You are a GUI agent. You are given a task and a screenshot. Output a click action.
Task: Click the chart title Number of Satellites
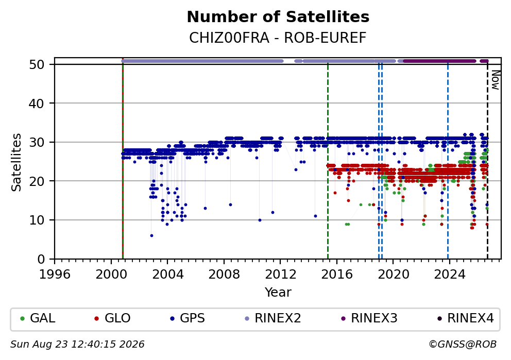tap(278, 17)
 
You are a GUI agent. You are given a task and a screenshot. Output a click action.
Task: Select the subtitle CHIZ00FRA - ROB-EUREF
tap(278, 38)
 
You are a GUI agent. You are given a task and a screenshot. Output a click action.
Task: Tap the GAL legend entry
tap(38, 318)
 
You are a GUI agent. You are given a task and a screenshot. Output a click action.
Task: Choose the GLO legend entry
tap(113, 318)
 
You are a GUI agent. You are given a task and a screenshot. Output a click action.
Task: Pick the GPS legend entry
tap(188, 318)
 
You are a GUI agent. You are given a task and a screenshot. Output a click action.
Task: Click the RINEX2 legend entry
tap(273, 318)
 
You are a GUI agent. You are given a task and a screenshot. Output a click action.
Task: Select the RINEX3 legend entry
tap(369, 318)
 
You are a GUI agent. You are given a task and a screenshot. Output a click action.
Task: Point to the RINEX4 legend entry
tap(466, 318)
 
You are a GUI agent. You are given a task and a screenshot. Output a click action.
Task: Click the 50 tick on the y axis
tap(37, 64)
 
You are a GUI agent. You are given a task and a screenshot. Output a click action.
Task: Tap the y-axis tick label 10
tap(37, 220)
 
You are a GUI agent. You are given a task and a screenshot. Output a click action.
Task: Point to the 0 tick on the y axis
tap(41, 260)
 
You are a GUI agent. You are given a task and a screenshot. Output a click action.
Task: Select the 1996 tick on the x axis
tap(55, 275)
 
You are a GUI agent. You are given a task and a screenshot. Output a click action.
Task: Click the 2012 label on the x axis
tap(281, 275)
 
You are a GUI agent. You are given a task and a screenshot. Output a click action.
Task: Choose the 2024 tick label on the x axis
tap(450, 275)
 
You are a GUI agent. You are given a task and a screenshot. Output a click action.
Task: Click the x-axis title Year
tap(278, 292)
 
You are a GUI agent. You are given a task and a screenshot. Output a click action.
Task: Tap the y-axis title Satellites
tap(16, 162)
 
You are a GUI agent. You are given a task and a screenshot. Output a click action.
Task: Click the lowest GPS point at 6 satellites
tap(151, 235)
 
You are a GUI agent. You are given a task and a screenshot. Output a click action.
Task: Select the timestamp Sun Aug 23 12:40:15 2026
tap(77, 345)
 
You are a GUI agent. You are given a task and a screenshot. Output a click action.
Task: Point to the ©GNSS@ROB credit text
tap(463, 345)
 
